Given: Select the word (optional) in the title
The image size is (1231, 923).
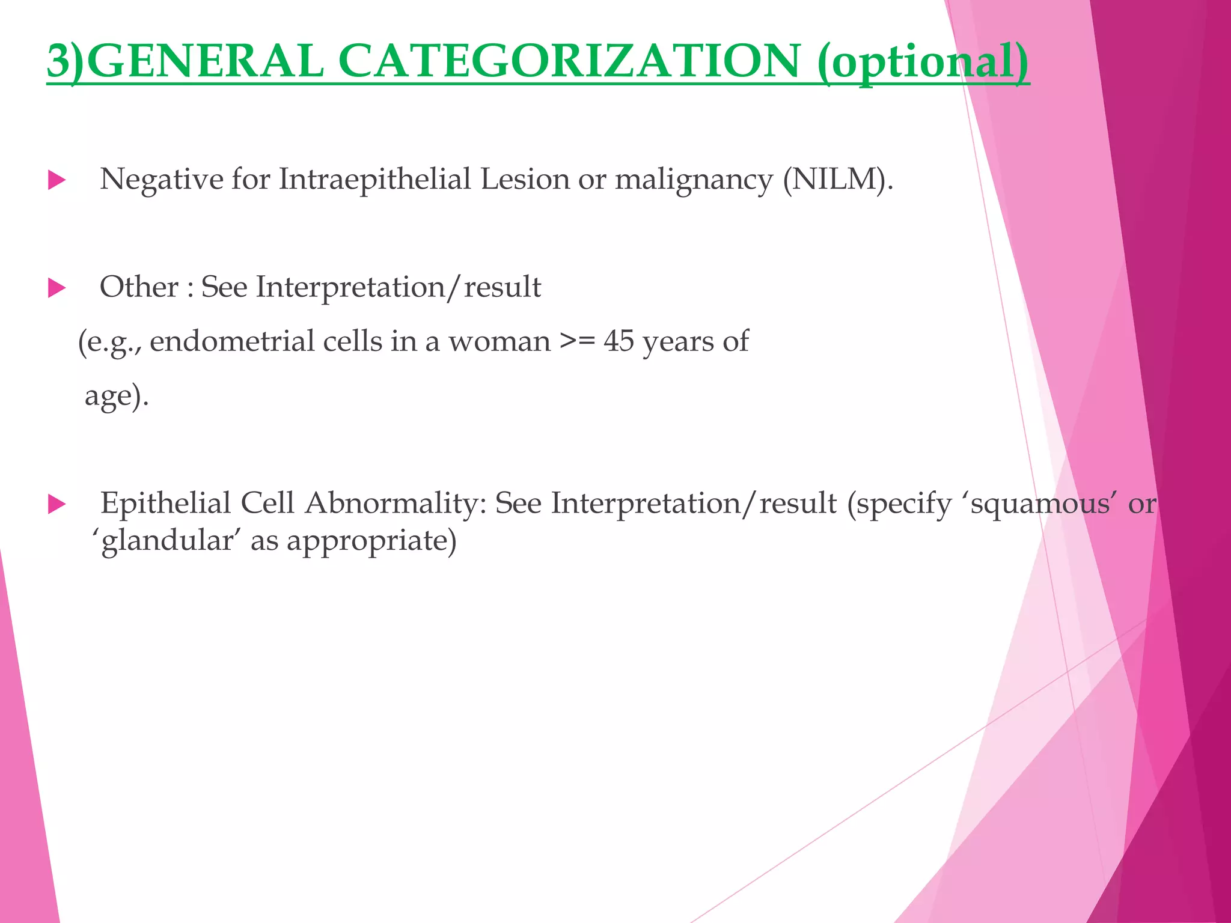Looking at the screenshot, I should (923, 63).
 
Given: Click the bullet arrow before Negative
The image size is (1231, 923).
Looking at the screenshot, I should (57, 180).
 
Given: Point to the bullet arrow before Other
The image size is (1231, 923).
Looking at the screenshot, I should (57, 288).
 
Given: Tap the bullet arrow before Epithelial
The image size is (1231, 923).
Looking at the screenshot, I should (57, 504).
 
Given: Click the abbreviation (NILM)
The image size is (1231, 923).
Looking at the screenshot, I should (838, 180).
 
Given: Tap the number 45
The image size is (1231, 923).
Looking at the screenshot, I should (619, 341).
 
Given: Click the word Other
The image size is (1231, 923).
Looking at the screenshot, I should (139, 287).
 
